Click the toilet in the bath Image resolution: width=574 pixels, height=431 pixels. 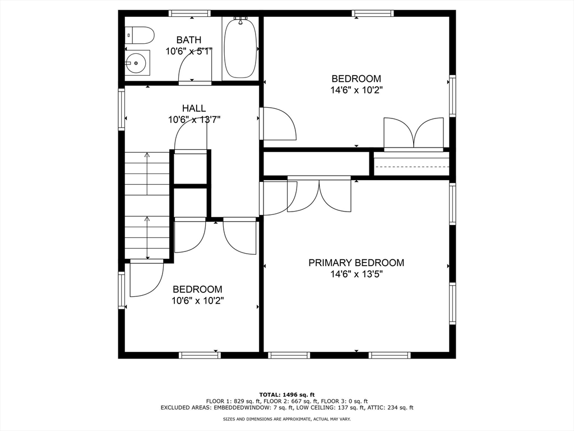pyautogui.click(x=140, y=35)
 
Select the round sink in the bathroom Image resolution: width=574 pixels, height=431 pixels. pyautogui.click(x=137, y=63)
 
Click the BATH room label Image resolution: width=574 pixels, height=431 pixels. pyautogui.click(x=188, y=40)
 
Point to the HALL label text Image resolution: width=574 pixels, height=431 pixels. pyautogui.click(x=194, y=108)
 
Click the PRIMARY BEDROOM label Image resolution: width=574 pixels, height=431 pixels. pyautogui.click(x=356, y=263)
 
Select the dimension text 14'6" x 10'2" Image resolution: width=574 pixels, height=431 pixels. pyautogui.click(x=356, y=90)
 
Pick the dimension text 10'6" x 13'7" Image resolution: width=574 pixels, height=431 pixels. pyautogui.click(x=194, y=120)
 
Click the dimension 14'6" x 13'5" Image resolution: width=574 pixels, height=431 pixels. pyautogui.click(x=356, y=274)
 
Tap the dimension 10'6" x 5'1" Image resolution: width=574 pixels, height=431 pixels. pyautogui.click(x=188, y=51)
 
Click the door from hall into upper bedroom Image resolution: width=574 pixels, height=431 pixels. pyautogui.click(x=279, y=123)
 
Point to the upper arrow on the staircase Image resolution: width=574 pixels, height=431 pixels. pyautogui.click(x=147, y=173)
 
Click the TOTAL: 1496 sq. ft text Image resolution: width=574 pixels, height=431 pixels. pyautogui.click(x=287, y=395)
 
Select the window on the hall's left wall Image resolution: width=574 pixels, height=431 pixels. pyautogui.click(x=121, y=109)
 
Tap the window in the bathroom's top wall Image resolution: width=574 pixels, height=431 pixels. pyautogui.click(x=189, y=13)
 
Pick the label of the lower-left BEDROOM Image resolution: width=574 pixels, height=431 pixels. pyautogui.click(x=197, y=290)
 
